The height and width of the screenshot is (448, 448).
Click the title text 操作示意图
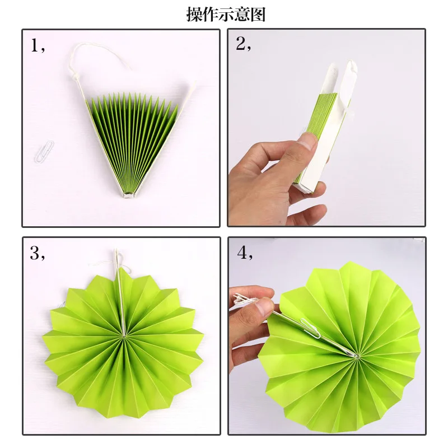point(226,14)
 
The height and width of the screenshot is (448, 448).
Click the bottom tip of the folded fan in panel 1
point(130,194)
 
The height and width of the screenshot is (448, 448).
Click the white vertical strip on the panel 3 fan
point(119,297)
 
